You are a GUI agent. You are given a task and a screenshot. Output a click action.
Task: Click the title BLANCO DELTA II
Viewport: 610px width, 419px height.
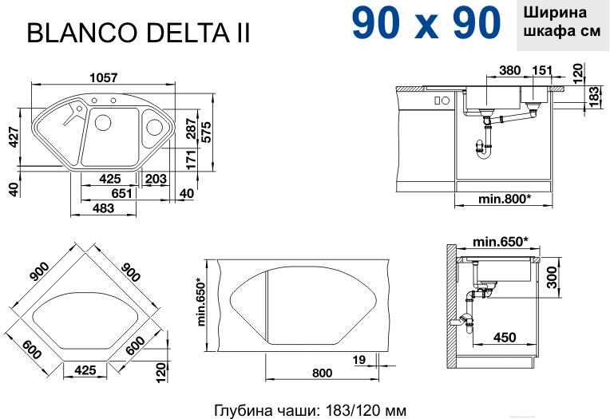coord(138,32)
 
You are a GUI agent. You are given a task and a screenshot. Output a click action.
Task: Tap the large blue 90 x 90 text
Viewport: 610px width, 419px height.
coord(426,22)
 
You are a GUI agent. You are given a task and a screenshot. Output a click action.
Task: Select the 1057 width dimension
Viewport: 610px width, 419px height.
coord(103,77)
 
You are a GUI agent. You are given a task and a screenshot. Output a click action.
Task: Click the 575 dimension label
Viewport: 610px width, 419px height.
coord(206,132)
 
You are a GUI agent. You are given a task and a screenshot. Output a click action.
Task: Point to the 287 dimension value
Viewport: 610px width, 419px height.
coord(191,128)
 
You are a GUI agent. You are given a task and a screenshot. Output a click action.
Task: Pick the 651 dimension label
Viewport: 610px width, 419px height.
coord(121,193)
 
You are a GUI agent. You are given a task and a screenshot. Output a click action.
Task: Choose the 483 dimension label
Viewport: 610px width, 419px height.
coord(104,208)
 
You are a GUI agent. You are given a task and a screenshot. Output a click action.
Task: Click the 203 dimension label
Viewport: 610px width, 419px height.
coord(156,179)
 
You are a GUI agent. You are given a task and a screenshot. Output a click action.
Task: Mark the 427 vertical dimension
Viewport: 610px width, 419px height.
coord(14,136)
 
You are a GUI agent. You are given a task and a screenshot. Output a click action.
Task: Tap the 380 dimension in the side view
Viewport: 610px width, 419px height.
coord(510,70)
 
